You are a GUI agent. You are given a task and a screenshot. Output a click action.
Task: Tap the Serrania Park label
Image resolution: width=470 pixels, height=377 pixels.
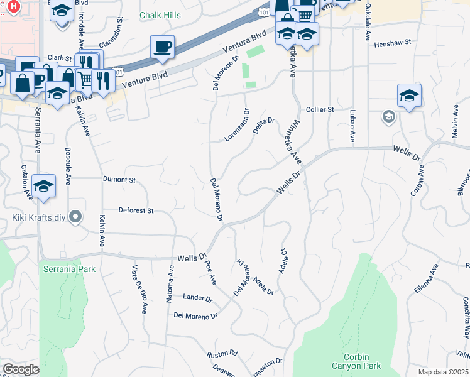pyautogui.click(x=69, y=270)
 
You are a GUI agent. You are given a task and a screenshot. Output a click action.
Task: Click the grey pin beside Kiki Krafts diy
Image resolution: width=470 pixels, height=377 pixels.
pyautogui.click(x=76, y=217)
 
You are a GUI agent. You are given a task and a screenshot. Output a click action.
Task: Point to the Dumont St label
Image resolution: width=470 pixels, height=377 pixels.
pyautogui.click(x=119, y=180)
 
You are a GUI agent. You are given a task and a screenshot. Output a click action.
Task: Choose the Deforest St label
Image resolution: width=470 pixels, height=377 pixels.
pyautogui.click(x=136, y=211)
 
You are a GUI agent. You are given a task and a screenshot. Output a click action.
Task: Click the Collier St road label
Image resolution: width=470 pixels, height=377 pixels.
pyautogui.click(x=320, y=109)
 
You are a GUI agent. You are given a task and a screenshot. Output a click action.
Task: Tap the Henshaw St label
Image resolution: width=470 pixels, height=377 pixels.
pyautogui.click(x=392, y=43)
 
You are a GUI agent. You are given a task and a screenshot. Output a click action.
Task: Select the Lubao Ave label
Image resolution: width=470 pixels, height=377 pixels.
pyautogui.click(x=352, y=126)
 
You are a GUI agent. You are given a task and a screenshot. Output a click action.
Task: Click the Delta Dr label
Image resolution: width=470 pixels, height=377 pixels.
pyautogui.click(x=264, y=121)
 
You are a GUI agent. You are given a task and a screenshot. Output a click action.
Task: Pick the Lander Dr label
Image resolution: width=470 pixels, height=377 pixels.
pyautogui.click(x=197, y=297)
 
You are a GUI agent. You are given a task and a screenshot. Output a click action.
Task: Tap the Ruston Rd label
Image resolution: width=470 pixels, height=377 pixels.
pyautogui.click(x=224, y=353)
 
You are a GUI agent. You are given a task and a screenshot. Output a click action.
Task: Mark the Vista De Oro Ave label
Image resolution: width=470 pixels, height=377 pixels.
pyautogui.click(x=139, y=290)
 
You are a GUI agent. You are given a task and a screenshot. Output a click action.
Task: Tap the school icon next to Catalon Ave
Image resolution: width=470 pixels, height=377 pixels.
pyautogui.click(x=43, y=186)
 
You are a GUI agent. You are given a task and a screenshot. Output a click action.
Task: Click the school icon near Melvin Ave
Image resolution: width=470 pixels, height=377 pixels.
pyautogui.click(x=409, y=96)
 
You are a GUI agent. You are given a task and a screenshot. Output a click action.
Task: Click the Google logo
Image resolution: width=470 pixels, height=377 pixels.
pyautogui.click(x=21, y=369)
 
